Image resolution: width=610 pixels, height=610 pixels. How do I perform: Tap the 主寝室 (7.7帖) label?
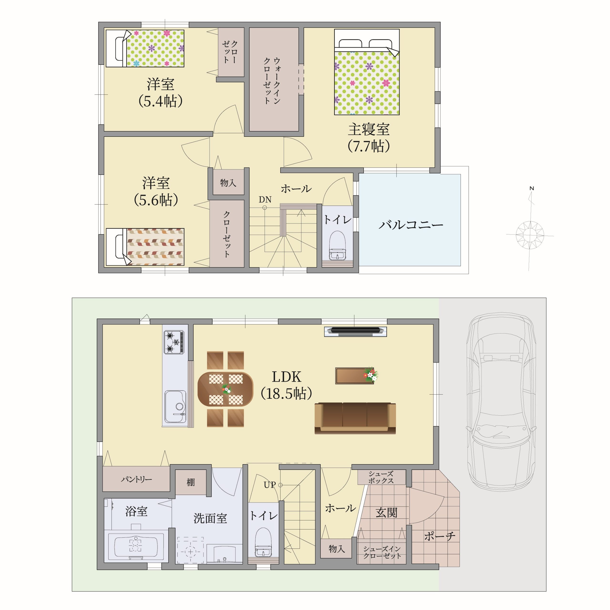click(369, 138)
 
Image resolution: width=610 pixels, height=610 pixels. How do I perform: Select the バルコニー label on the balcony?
click(411, 225)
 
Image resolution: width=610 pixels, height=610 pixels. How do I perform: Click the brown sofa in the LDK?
click(355, 418)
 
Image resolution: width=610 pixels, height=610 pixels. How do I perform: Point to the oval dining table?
click(225, 389)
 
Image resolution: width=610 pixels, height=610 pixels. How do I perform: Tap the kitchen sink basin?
click(175, 406)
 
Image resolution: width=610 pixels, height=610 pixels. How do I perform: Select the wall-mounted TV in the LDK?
click(355, 331)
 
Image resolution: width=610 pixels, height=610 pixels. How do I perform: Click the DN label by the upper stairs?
click(265, 199)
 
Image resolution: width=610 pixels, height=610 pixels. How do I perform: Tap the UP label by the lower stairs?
click(270, 485)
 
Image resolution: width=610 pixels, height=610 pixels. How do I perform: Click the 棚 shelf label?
click(190, 482)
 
